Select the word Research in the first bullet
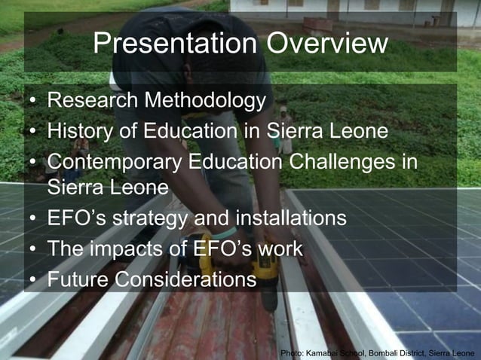pyautogui.click(x=93, y=100)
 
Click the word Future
pyautogui.click(x=78, y=280)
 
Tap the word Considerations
pyautogui.click(x=185, y=280)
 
